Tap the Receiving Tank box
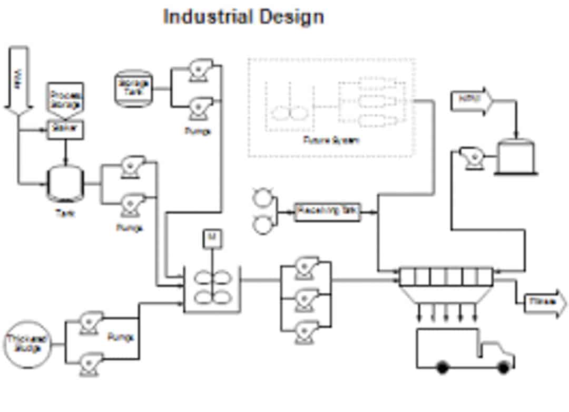click(327, 212)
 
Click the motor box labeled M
click(212, 238)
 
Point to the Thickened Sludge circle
click(28, 344)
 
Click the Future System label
click(331, 140)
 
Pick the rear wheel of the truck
click(443, 367)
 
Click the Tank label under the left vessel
click(65, 214)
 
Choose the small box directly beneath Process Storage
click(66, 130)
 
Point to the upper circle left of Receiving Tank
click(262, 198)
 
